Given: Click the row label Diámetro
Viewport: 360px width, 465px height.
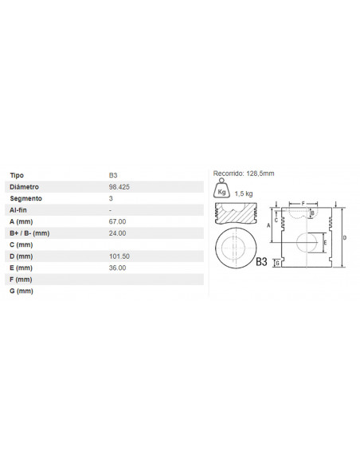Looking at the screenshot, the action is coord(24,187).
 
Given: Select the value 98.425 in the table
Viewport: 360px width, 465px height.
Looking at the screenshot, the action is coord(119,187).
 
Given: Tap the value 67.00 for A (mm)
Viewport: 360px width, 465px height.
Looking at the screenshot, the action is coord(117,221).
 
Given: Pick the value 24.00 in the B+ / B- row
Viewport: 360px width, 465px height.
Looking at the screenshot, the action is coord(117,233).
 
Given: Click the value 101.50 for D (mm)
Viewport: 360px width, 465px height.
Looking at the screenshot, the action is coord(119,256).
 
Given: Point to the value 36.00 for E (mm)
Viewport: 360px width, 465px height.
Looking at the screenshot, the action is coord(117,268).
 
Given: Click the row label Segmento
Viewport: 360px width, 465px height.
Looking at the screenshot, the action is coord(25,198).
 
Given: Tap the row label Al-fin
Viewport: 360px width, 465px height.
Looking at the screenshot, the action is coord(18,210).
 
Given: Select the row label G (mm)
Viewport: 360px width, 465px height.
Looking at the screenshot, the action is coord(22,291).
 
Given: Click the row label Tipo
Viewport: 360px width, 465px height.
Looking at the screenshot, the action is coord(17,175).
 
